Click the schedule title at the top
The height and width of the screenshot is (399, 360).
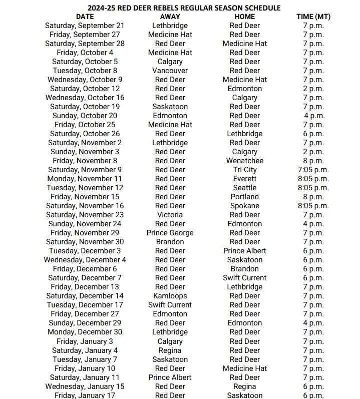coord(184,8)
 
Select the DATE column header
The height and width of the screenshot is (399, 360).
coord(85,17)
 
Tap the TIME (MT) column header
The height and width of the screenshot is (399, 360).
coord(313,17)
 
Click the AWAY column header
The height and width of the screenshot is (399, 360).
coord(170,17)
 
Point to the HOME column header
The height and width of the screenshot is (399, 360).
coord(245,17)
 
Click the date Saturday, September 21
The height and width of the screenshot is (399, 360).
coord(85,26)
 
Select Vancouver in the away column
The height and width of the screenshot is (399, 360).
coord(170,71)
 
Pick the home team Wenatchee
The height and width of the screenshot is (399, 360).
coord(245,161)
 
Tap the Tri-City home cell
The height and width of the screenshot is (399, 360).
coord(245,170)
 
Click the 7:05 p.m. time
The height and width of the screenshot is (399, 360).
coord(313,170)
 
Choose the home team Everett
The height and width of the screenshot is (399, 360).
coord(245,179)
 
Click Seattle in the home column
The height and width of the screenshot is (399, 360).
coord(245,188)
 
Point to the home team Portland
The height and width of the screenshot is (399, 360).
coord(245,197)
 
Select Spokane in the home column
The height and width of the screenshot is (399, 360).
coord(245,206)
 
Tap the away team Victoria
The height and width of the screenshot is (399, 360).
coord(170,215)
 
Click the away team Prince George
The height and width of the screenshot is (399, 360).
coord(170,233)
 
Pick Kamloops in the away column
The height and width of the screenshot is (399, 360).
coord(170,296)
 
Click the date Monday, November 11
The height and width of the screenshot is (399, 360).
coord(85,179)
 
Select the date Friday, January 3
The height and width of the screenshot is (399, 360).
coord(85,341)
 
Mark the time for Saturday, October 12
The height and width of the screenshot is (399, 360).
coord(313,89)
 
